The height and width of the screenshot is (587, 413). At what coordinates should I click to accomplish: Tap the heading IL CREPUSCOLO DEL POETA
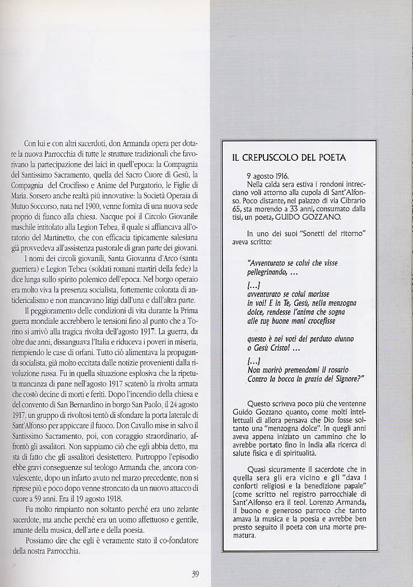(289, 158)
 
